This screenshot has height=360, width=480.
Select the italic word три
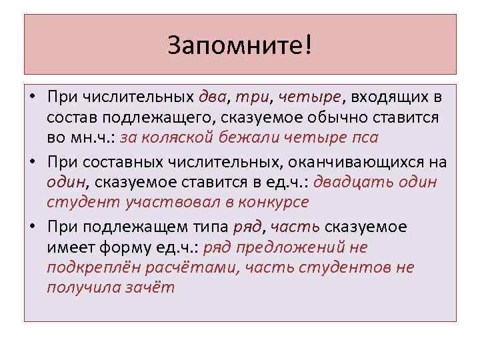click(x=253, y=98)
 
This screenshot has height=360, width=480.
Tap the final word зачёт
click(x=151, y=287)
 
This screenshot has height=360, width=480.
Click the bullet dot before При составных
click(x=33, y=161)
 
